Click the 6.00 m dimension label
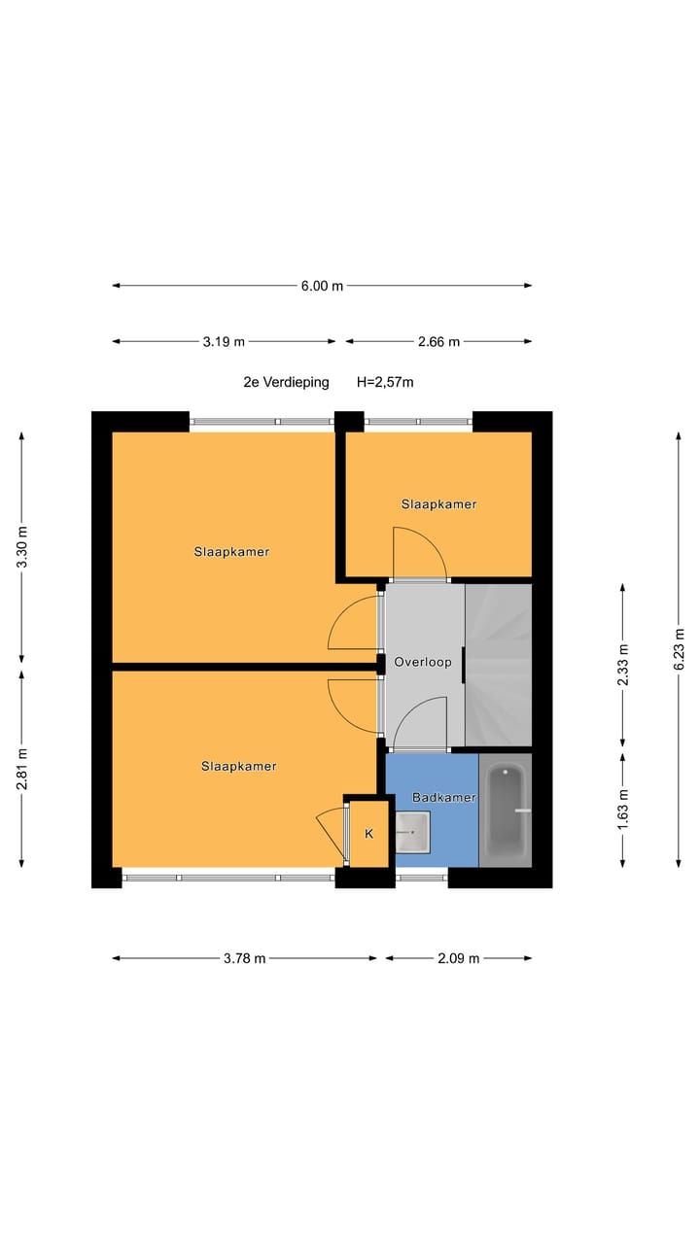[x=322, y=286]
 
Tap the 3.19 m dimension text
[x=224, y=341]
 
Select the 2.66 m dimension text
[x=438, y=341]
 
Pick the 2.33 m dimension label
[x=623, y=666]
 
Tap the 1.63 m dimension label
[x=623, y=807]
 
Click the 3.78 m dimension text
[x=244, y=958]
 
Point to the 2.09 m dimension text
[x=459, y=958]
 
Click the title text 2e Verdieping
[x=286, y=382]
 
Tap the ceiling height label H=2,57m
[x=385, y=382]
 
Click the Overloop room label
[x=423, y=663]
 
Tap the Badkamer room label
[x=443, y=798]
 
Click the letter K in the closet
[x=368, y=834]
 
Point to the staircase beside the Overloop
[x=499, y=667]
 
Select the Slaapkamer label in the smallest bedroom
[x=438, y=504]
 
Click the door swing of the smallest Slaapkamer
[x=418, y=554]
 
